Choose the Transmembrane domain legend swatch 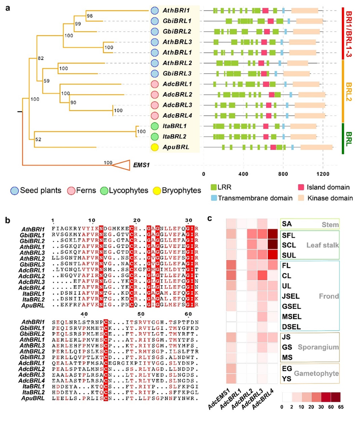(x=215, y=198)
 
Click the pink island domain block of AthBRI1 (x=266, y=10)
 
